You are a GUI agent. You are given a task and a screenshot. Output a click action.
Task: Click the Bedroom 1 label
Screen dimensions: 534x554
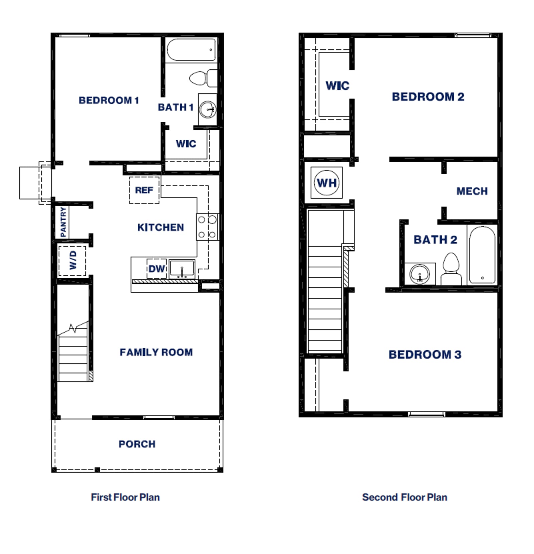[108, 100]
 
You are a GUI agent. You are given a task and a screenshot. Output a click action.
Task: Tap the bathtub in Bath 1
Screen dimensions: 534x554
[191, 50]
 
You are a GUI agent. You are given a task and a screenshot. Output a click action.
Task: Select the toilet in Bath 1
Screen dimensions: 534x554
[203, 78]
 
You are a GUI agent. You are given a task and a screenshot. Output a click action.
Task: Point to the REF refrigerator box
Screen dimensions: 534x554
[144, 190]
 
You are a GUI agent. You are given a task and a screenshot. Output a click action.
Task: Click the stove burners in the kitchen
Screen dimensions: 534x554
[207, 227]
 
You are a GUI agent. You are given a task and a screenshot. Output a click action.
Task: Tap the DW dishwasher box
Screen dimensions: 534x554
[157, 269]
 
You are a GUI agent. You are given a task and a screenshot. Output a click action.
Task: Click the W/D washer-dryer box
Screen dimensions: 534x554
[72, 261]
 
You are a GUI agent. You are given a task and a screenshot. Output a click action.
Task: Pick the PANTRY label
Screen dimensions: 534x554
[63, 222]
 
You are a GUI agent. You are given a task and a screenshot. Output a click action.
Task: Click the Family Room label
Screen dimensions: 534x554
[156, 352]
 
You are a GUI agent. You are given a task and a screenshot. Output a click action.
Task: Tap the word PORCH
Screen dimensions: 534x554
[137, 444]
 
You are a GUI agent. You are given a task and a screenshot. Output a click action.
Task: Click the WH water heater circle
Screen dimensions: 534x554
[327, 183]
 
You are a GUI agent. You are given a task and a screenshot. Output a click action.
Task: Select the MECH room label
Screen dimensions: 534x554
[472, 191]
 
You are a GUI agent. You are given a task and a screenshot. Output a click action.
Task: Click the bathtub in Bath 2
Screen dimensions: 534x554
[482, 255]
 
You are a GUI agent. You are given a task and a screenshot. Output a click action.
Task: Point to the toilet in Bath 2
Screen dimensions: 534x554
[451, 269]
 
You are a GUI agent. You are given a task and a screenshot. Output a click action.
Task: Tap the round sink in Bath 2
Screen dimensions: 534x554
[420, 274]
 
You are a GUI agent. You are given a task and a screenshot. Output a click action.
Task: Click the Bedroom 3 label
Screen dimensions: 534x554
[425, 354]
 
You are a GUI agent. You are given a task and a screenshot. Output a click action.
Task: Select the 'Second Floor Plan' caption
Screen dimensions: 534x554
[405, 497]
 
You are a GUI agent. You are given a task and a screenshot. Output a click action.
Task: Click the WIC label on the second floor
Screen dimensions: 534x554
[337, 86]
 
